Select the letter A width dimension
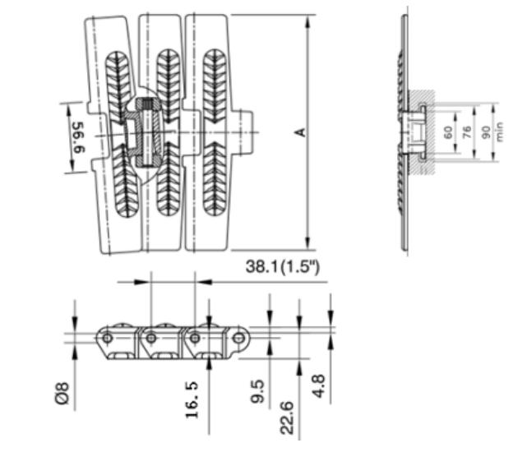click(301, 131)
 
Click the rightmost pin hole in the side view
click(238, 337)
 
